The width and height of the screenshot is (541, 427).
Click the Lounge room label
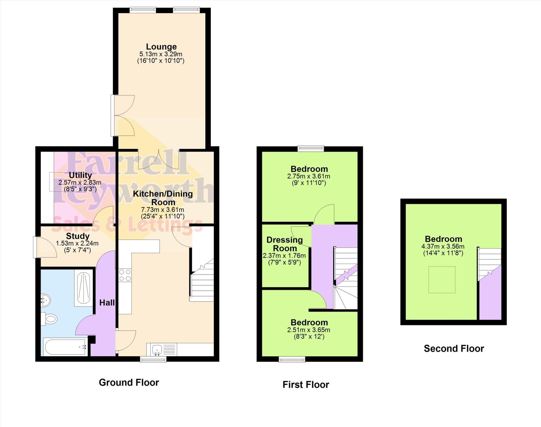click(161, 47)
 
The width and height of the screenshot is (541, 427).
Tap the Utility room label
click(80, 175)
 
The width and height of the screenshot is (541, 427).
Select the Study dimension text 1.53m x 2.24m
click(77, 243)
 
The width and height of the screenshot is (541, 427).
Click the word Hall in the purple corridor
click(107, 303)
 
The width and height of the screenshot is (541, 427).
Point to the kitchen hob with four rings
click(125, 275)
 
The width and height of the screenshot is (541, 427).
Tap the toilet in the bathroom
click(49, 319)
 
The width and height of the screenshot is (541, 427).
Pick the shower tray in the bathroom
click(83, 288)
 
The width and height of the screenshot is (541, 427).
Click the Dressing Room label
click(285, 244)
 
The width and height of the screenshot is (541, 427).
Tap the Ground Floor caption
click(129, 382)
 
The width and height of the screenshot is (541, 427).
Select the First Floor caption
click(306, 384)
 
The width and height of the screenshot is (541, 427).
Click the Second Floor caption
click(454, 349)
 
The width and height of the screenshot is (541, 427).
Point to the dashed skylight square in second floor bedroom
click(442, 280)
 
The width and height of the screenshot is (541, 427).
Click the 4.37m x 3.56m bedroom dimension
click(443, 247)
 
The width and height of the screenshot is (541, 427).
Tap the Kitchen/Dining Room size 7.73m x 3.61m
click(162, 210)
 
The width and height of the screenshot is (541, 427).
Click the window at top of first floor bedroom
click(311, 148)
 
